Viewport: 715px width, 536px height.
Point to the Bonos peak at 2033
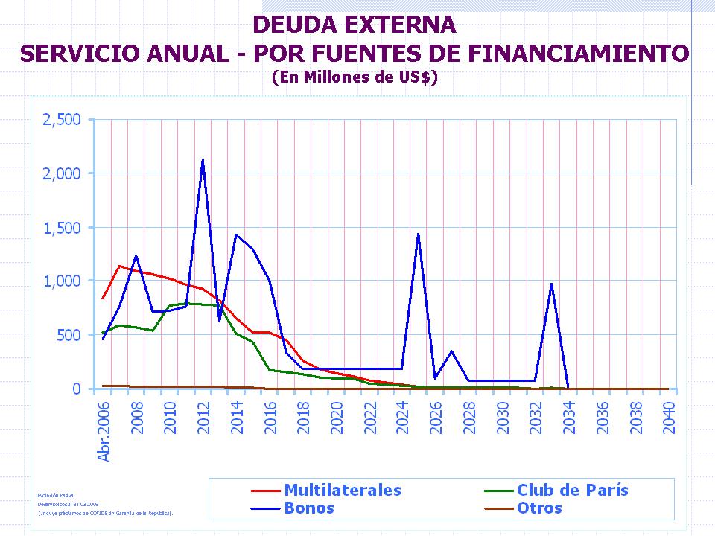pyautogui.click(x=551, y=284)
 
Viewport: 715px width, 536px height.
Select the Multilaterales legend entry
pyautogui.click(x=342, y=490)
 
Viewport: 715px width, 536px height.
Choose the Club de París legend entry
pyautogui.click(x=572, y=490)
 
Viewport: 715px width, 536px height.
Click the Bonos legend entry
pyautogui.click(x=308, y=508)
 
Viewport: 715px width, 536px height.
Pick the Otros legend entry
pyautogui.click(x=539, y=508)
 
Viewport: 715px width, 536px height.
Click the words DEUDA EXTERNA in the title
pyautogui.click(x=355, y=25)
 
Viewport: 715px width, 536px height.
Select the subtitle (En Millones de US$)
pyautogui.click(x=355, y=77)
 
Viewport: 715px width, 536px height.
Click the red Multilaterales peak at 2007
pyautogui.click(x=119, y=266)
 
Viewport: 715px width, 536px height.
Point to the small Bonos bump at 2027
pyautogui.click(x=451, y=351)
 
